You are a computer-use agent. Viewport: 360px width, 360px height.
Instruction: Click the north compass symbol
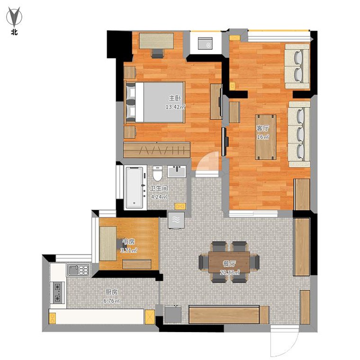(x=14, y=17)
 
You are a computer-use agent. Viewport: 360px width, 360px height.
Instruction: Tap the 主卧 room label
(x=175, y=98)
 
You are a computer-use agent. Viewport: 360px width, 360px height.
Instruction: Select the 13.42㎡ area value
(x=175, y=107)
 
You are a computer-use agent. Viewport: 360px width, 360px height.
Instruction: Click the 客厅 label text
(x=262, y=128)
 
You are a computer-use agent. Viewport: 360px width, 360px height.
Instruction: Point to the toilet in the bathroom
(x=157, y=173)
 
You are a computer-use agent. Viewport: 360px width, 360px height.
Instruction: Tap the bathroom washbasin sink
(x=176, y=171)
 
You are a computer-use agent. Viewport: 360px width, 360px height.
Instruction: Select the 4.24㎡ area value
(x=159, y=197)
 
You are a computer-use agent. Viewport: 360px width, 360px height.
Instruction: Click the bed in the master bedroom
(x=154, y=102)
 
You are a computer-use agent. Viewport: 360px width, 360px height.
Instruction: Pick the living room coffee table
(x=266, y=137)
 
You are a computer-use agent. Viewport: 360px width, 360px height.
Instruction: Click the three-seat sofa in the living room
(x=299, y=134)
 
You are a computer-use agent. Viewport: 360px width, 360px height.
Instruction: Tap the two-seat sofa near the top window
(x=297, y=66)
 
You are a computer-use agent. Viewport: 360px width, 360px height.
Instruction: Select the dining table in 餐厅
(x=229, y=262)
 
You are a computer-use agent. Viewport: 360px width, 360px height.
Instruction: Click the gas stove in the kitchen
(x=58, y=293)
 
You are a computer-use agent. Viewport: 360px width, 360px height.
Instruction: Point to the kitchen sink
(x=78, y=270)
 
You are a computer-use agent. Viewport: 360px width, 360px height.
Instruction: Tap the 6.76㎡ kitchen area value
(x=112, y=301)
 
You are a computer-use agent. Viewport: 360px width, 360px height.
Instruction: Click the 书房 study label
(x=128, y=242)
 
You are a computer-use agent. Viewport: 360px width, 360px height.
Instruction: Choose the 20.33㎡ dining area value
(x=230, y=273)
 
